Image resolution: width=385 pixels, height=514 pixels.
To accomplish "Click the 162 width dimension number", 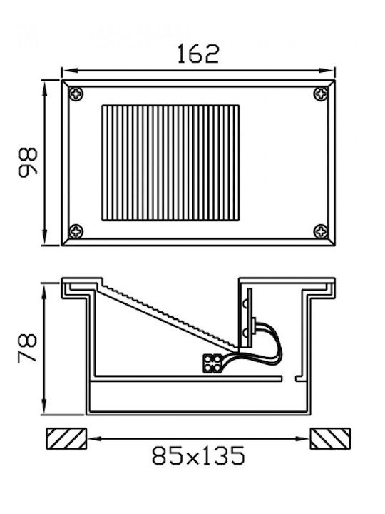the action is coord(198,54).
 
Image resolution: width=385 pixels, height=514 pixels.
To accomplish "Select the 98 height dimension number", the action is coord(28,163).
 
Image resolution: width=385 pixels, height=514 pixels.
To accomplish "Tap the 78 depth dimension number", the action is coord(27,348).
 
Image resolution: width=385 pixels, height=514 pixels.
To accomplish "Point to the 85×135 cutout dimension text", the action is coord(198,455).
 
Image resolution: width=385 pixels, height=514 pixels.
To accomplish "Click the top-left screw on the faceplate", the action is coord(76,94).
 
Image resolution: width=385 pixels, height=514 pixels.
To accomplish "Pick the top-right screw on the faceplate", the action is coord(321,94).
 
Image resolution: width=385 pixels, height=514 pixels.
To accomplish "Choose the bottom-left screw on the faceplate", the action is coord(76,231).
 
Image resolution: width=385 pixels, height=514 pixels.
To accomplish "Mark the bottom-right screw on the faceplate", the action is coord(321,231).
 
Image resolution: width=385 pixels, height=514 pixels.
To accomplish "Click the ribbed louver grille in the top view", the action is coord(170,163).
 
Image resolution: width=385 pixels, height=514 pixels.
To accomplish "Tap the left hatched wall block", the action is coord(66,438).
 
